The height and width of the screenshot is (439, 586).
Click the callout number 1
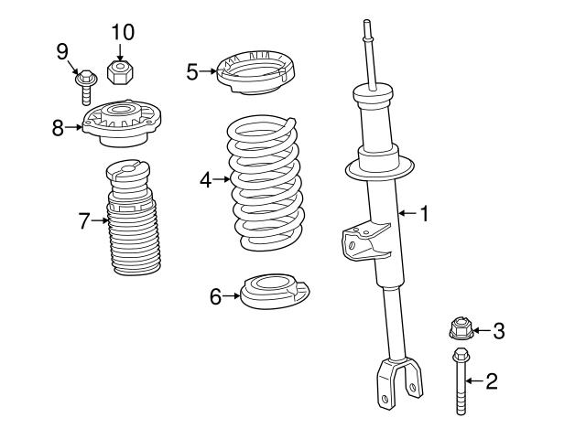point(424,214)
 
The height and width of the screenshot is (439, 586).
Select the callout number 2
point(492,380)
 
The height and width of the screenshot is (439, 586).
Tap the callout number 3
point(498,330)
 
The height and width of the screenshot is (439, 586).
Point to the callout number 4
point(206,180)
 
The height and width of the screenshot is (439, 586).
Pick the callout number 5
point(192,71)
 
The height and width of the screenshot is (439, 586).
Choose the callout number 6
point(216,296)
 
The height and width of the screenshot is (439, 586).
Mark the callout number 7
point(84,219)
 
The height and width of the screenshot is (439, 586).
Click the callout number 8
point(58,128)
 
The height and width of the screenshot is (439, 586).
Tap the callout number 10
point(123,32)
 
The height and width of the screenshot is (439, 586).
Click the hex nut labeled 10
point(121,70)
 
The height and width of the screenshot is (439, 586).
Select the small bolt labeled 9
point(85,87)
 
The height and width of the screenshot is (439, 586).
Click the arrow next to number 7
point(101,219)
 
